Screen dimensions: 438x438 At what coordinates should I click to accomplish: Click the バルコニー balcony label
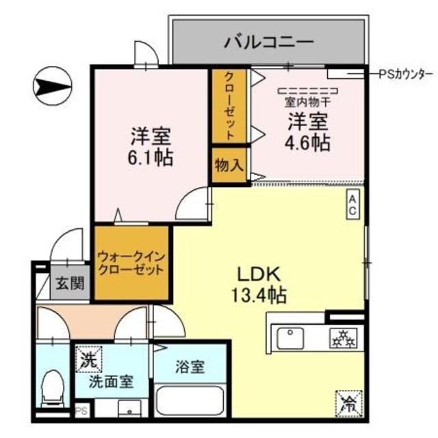pyautogui.click(x=269, y=42)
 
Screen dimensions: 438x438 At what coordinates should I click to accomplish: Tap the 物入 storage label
pyautogui.click(x=229, y=165)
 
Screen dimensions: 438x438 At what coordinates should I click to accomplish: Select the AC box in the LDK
pyautogui.click(x=352, y=204)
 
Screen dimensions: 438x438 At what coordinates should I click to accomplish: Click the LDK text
pyautogui.click(x=259, y=273)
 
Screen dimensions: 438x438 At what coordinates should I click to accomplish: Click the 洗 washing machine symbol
pyautogui.click(x=89, y=358)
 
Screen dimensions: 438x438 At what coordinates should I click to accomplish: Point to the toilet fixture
pyautogui.click(x=52, y=388)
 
